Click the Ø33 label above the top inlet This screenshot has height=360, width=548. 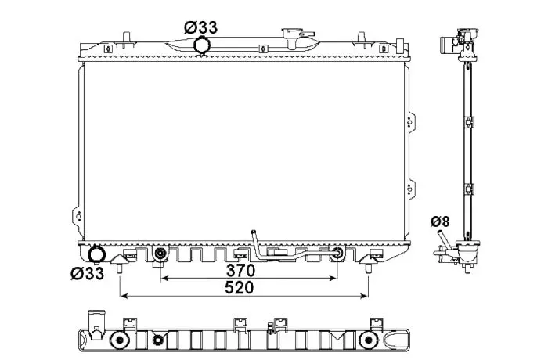pos(200,27)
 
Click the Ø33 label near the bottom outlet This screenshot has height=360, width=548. pos(88,273)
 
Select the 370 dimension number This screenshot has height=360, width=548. pos(241,270)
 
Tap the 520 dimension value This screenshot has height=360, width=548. pos(239,288)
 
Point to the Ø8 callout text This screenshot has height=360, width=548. pos(440,221)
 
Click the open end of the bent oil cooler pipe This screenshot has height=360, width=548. pos(254,232)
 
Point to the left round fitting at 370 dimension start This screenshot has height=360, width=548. pos(160,253)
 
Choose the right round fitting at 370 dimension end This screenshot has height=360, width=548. pos(337,253)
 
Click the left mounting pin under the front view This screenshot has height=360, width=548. pos(120,268)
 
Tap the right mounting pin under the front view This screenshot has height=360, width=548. pos(369,268)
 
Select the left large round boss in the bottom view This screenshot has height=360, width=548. pos(119,340)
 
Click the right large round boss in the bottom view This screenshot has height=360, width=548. pos(368,340)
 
